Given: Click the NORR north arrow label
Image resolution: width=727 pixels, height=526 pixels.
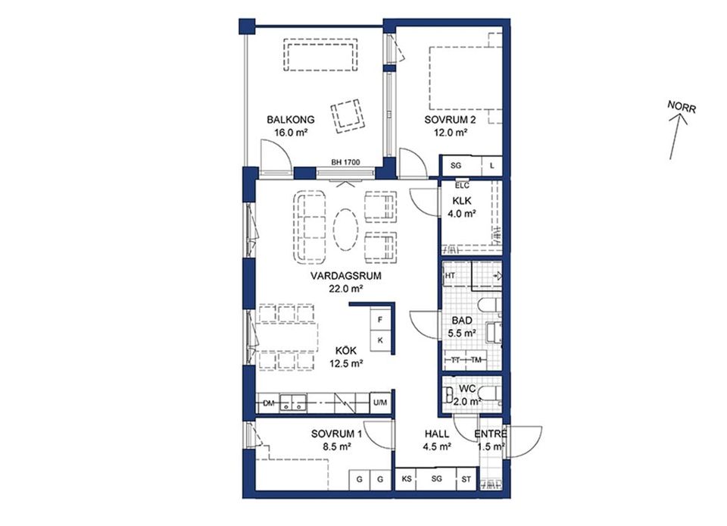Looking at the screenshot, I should tap(681, 107).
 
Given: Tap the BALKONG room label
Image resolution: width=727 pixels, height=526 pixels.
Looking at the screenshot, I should tap(290, 120).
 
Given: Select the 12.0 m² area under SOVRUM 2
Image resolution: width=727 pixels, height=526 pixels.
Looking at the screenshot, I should tap(450, 133).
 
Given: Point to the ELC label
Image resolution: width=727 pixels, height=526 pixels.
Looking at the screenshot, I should tap(463, 186).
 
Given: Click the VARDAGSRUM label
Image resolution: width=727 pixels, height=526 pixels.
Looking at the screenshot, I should tap(345, 276).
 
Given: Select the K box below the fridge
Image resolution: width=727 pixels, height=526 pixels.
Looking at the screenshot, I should tap(380, 340).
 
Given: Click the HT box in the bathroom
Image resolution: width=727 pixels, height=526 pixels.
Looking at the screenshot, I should tap(451, 275).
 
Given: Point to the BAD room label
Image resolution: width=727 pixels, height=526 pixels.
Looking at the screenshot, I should tap(462, 321).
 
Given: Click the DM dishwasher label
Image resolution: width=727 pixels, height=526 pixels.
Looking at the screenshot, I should tap(267, 404).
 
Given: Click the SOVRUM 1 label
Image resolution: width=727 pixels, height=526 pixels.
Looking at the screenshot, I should tap(336, 434).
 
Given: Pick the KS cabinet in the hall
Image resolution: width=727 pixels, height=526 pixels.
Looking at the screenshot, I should tap(407, 480).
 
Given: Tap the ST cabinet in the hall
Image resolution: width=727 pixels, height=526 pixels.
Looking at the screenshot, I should tap(466, 480).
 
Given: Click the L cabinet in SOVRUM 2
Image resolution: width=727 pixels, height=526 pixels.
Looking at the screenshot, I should tap(492, 165).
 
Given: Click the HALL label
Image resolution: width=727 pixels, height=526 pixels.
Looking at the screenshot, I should tap(437, 434).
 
